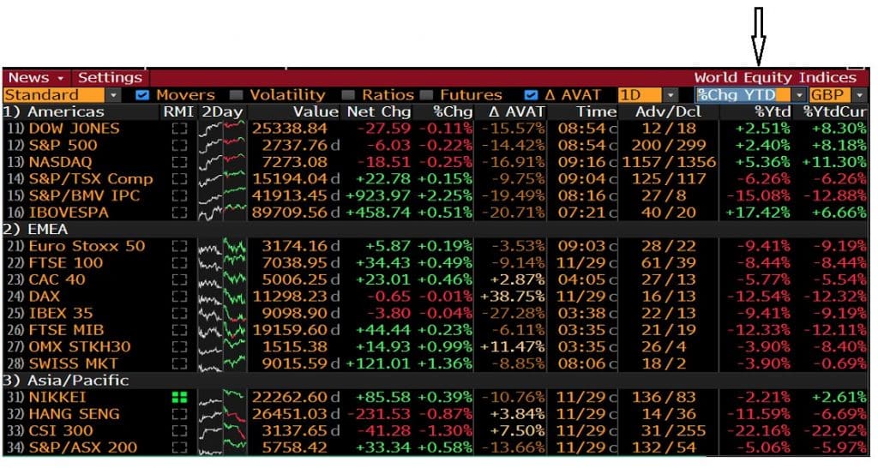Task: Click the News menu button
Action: [x=35, y=78]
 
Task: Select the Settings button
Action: [x=110, y=78]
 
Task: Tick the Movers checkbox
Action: [x=142, y=95]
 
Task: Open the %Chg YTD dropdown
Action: [x=750, y=95]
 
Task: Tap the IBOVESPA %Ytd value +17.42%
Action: [x=759, y=213]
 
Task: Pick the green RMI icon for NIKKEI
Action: [x=179, y=397]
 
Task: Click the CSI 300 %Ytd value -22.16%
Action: [x=759, y=430]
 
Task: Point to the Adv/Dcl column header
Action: [x=668, y=112]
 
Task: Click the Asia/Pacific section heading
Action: [x=77, y=381]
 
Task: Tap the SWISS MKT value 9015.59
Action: [x=293, y=363]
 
